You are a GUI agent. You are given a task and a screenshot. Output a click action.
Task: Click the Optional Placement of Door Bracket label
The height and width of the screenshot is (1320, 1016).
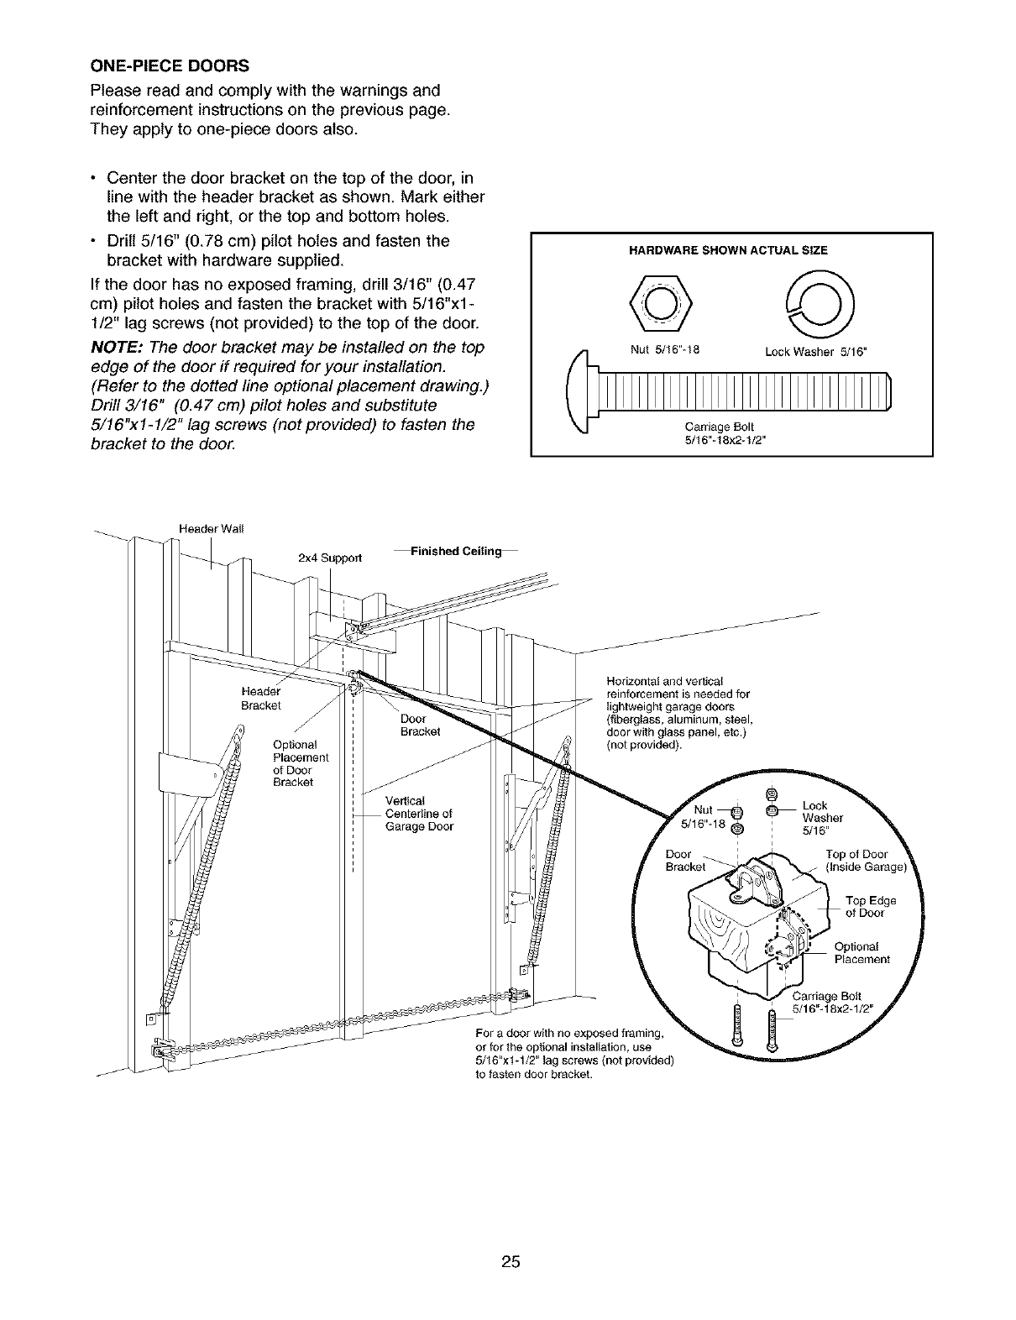[x=300, y=763]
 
